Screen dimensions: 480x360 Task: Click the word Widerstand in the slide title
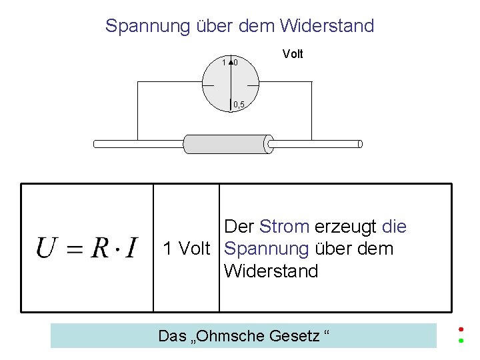(327, 26)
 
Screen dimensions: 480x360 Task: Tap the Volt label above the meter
(293, 54)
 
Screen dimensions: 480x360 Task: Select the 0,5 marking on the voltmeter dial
(239, 104)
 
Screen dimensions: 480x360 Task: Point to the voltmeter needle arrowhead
(231, 62)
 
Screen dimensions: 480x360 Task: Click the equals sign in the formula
(75, 249)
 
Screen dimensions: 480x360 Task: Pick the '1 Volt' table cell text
(186, 249)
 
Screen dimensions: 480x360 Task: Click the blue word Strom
(284, 227)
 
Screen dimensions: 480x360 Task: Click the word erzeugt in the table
(346, 227)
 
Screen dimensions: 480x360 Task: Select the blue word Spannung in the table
(266, 249)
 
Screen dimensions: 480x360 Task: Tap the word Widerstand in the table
(271, 271)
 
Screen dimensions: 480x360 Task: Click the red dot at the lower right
(461, 328)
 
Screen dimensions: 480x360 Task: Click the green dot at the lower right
(461, 341)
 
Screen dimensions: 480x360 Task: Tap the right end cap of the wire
(360, 143)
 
